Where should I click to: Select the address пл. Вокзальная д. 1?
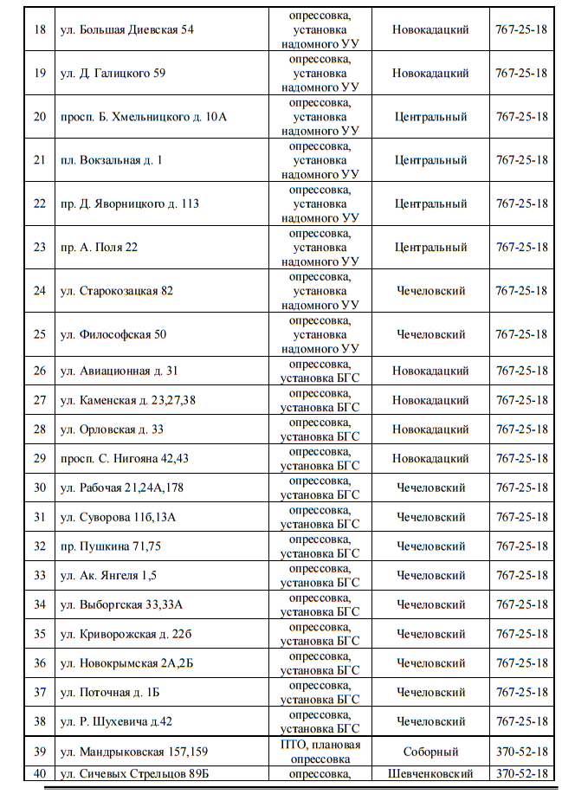(x=112, y=160)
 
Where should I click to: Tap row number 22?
(x=40, y=203)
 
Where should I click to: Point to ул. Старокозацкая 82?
(x=117, y=291)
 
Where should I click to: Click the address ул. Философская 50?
(x=113, y=334)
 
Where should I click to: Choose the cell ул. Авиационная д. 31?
(x=120, y=371)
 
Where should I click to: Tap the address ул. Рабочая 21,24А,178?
(x=122, y=488)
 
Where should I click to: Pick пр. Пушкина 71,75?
(x=111, y=546)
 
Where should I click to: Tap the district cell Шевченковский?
(x=430, y=773)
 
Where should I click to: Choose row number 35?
(x=40, y=634)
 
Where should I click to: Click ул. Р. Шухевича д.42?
(x=117, y=721)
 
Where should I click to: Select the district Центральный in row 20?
(x=430, y=117)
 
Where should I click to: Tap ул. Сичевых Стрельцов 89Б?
(x=135, y=773)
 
